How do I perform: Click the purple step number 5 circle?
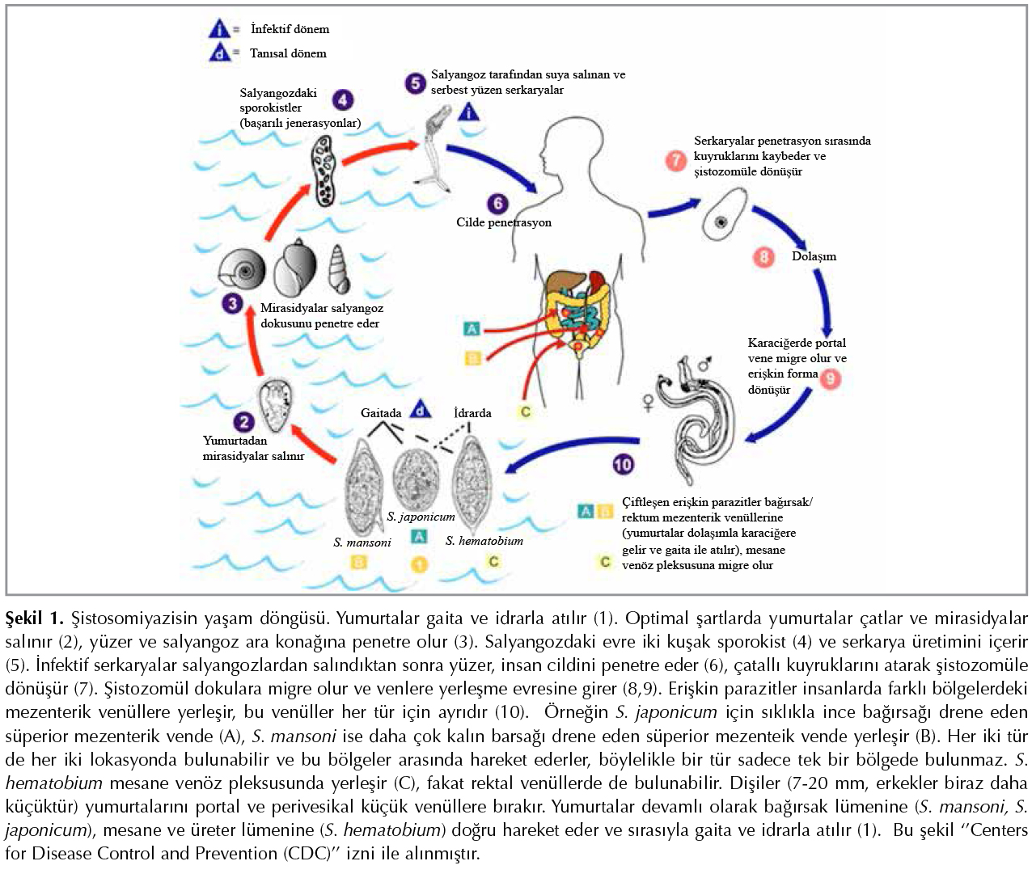tap(416, 82)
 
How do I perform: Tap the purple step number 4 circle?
tap(343, 100)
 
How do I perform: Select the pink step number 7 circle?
tap(676, 160)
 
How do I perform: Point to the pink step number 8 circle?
tap(763, 257)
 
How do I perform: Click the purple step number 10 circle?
tap(623, 464)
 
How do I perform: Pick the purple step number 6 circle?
tap(497, 204)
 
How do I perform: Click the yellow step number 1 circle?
tap(419, 564)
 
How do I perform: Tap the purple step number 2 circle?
tap(243, 422)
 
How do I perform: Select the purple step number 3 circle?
tap(233, 304)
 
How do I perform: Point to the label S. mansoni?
tap(362, 542)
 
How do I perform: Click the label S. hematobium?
tap(484, 541)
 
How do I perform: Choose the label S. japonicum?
tap(421, 517)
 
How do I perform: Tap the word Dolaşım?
tap(814, 256)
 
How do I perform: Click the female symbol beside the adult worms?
tap(648, 402)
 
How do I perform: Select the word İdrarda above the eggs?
tap(472, 413)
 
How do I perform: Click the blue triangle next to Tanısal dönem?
tap(219, 53)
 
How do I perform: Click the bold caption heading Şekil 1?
tap(34, 618)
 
